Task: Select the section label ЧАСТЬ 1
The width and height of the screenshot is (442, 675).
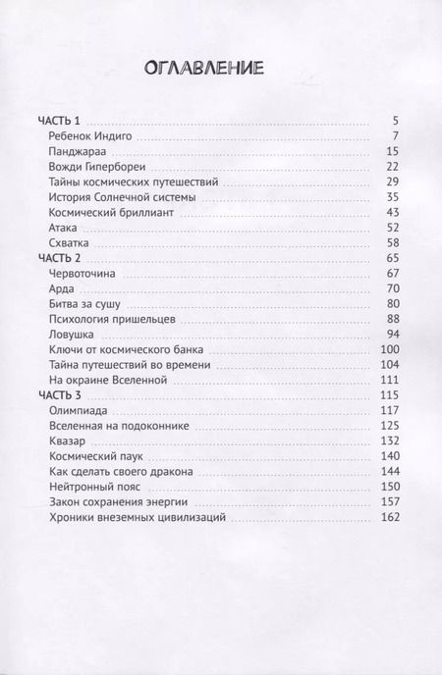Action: (x=57, y=120)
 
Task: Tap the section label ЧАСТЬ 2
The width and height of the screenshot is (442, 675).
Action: (x=57, y=255)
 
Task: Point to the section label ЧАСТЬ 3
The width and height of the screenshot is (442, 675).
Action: (x=57, y=391)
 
